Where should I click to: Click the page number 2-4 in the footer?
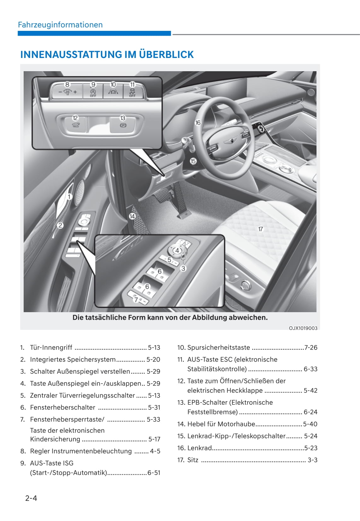tap(31, 498)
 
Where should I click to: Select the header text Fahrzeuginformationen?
tap(60, 25)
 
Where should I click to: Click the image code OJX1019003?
tap(303, 328)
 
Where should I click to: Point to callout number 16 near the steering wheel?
tap(198, 123)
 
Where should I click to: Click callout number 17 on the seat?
tap(260, 229)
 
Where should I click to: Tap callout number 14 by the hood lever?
tap(132, 216)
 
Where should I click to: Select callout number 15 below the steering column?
tap(193, 161)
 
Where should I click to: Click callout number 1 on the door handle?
tap(69, 197)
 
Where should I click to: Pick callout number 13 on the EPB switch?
tap(123, 118)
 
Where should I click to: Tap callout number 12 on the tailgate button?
tap(75, 118)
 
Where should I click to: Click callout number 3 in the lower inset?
tap(183, 268)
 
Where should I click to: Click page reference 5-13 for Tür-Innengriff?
tap(154, 347)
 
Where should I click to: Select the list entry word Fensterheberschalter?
tap(62, 407)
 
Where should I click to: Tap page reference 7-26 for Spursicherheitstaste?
tap(311, 347)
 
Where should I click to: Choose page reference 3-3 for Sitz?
tap(312, 460)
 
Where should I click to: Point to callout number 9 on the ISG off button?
tap(93, 85)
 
